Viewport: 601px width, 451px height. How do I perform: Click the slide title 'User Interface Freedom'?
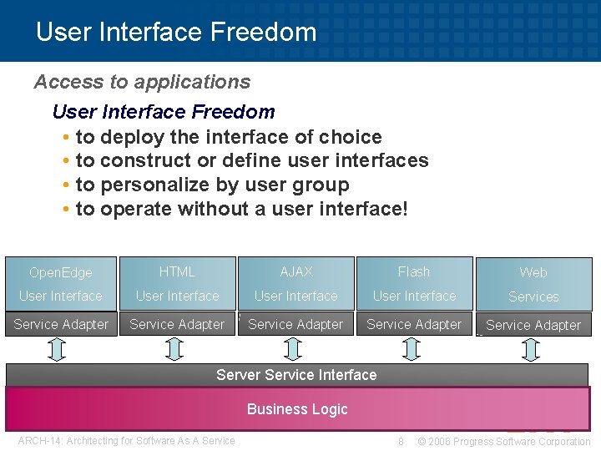[x=176, y=33]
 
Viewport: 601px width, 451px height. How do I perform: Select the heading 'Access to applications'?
[x=142, y=82]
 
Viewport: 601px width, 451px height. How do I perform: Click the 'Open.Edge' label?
[x=60, y=272]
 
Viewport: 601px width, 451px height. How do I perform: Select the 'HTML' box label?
[x=177, y=271]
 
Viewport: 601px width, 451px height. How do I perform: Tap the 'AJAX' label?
[x=296, y=271]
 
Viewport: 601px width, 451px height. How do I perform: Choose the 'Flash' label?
[x=414, y=271]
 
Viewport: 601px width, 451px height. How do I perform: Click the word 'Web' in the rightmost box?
[x=533, y=272]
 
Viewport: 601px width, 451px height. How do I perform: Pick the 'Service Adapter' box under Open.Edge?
[x=61, y=324]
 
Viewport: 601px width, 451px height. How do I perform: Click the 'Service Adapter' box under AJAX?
[x=295, y=324]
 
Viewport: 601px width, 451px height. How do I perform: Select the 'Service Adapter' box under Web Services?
[x=533, y=325]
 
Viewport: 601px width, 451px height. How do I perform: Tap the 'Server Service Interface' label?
[x=296, y=375]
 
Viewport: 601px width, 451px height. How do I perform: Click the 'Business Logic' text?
[x=297, y=409]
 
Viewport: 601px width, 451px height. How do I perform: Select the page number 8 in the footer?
[x=402, y=441]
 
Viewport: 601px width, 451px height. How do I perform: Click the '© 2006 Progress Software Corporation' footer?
[x=503, y=441]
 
